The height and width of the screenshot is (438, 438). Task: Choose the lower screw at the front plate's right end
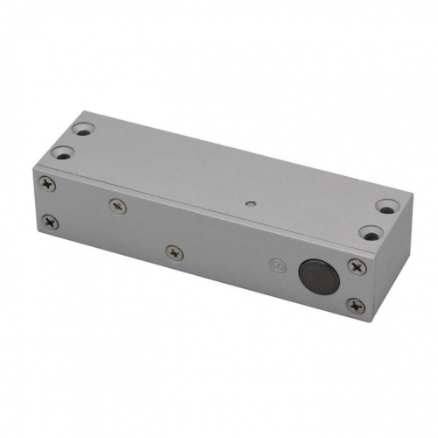[354, 305]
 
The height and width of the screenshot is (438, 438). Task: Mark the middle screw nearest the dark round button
[174, 252]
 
